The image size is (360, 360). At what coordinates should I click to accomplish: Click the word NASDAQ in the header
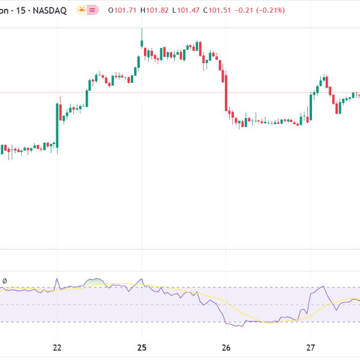50,10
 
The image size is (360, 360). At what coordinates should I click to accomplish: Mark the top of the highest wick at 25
142,29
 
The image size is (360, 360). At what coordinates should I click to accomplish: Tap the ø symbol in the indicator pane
5,281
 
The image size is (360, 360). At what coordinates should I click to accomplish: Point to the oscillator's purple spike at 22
57,279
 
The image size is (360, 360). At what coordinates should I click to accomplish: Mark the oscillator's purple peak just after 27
323,287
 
